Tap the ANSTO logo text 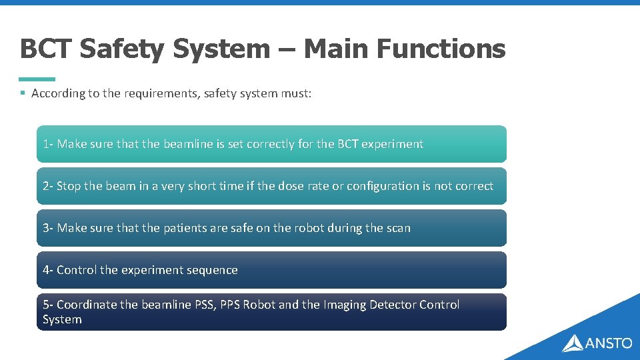608,343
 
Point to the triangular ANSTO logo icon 573,343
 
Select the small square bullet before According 23,93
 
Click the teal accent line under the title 37,79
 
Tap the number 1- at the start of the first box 48,144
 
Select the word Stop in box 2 69,186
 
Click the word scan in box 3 398,228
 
